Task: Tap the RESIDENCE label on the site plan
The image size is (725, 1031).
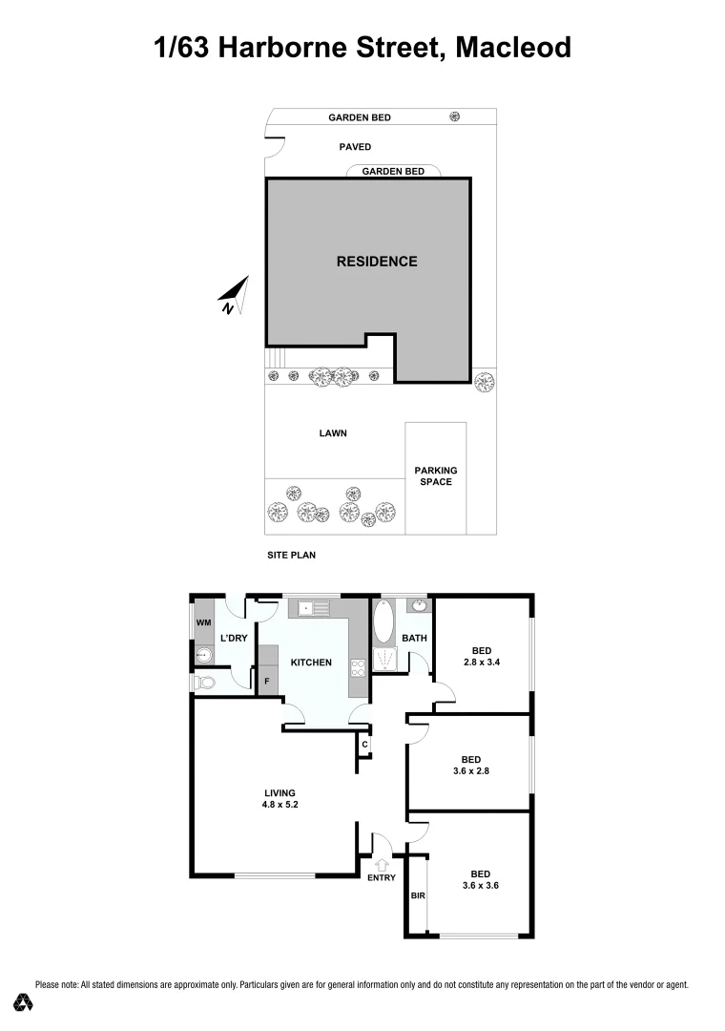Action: click(377, 261)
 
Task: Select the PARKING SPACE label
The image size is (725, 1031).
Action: click(435, 475)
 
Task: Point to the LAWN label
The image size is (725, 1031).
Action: click(333, 433)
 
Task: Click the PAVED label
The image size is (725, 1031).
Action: click(355, 147)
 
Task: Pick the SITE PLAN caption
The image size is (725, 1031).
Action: click(291, 555)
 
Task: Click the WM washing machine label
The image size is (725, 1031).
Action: click(203, 623)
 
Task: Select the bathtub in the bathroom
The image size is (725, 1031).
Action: click(383, 621)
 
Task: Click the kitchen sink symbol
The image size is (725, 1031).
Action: click(308, 607)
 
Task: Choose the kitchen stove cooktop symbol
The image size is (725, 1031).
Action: click(360, 669)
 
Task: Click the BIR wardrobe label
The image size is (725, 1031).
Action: click(417, 896)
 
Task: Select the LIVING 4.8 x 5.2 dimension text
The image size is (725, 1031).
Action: click(280, 805)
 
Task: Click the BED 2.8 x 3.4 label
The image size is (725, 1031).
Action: click(482, 657)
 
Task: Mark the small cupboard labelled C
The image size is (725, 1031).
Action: click(364, 745)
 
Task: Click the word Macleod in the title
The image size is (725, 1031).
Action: click(513, 47)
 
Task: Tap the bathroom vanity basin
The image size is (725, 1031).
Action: click(417, 605)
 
